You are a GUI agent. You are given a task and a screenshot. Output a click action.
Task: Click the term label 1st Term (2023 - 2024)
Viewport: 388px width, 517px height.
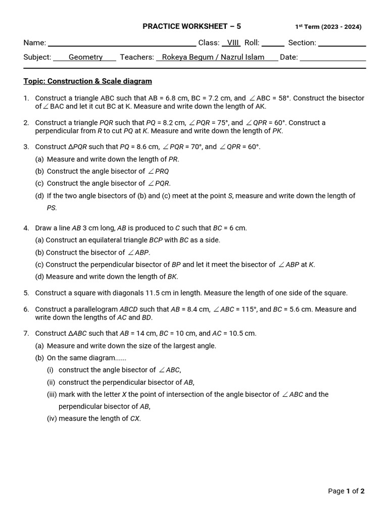point(328,27)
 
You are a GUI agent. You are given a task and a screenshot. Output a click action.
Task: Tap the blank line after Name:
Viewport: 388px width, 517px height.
point(122,43)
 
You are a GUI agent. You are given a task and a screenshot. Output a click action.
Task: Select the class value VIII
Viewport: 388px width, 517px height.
point(232,43)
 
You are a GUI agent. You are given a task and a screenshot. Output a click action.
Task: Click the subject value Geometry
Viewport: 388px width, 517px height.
point(85,57)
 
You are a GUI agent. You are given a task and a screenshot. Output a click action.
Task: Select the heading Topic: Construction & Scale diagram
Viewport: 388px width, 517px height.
point(87,81)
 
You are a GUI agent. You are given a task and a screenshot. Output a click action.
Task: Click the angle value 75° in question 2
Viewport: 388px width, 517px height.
point(220,123)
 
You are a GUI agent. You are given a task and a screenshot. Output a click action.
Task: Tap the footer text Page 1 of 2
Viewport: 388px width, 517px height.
point(346,491)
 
